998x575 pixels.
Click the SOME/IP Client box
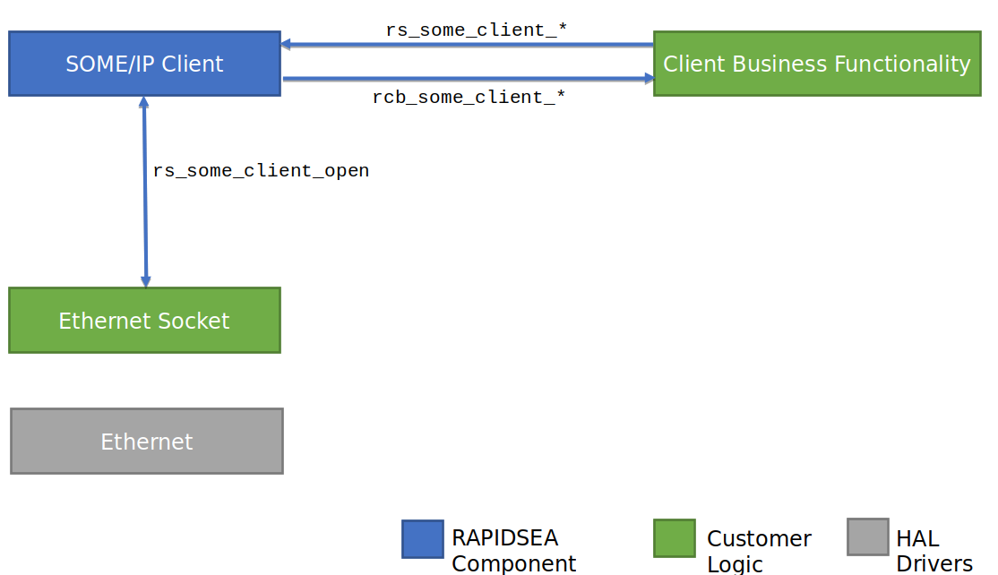coord(144,64)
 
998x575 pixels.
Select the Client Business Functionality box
coord(817,64)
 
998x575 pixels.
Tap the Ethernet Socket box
coord(144,320)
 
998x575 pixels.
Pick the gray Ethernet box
coord(147,441)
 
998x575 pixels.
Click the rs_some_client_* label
coord(476,30)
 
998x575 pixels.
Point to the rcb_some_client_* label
coord(469,97)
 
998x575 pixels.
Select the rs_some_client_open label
coord(261,170)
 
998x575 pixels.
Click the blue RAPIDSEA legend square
coord(423,539)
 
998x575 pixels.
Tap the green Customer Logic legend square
coord(675,538)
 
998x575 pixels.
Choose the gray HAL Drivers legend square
coord(868,536)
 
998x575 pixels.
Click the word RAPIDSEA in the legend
coord(504,538)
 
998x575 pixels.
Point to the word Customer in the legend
coord(760,539)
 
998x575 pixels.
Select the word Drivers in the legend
coord(934,563)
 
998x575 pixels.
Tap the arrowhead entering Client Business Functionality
coord(649,78)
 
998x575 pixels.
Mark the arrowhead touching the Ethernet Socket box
coord(146,281)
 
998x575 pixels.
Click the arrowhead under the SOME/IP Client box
coord(144,102)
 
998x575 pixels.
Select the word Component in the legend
coord(513,563)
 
